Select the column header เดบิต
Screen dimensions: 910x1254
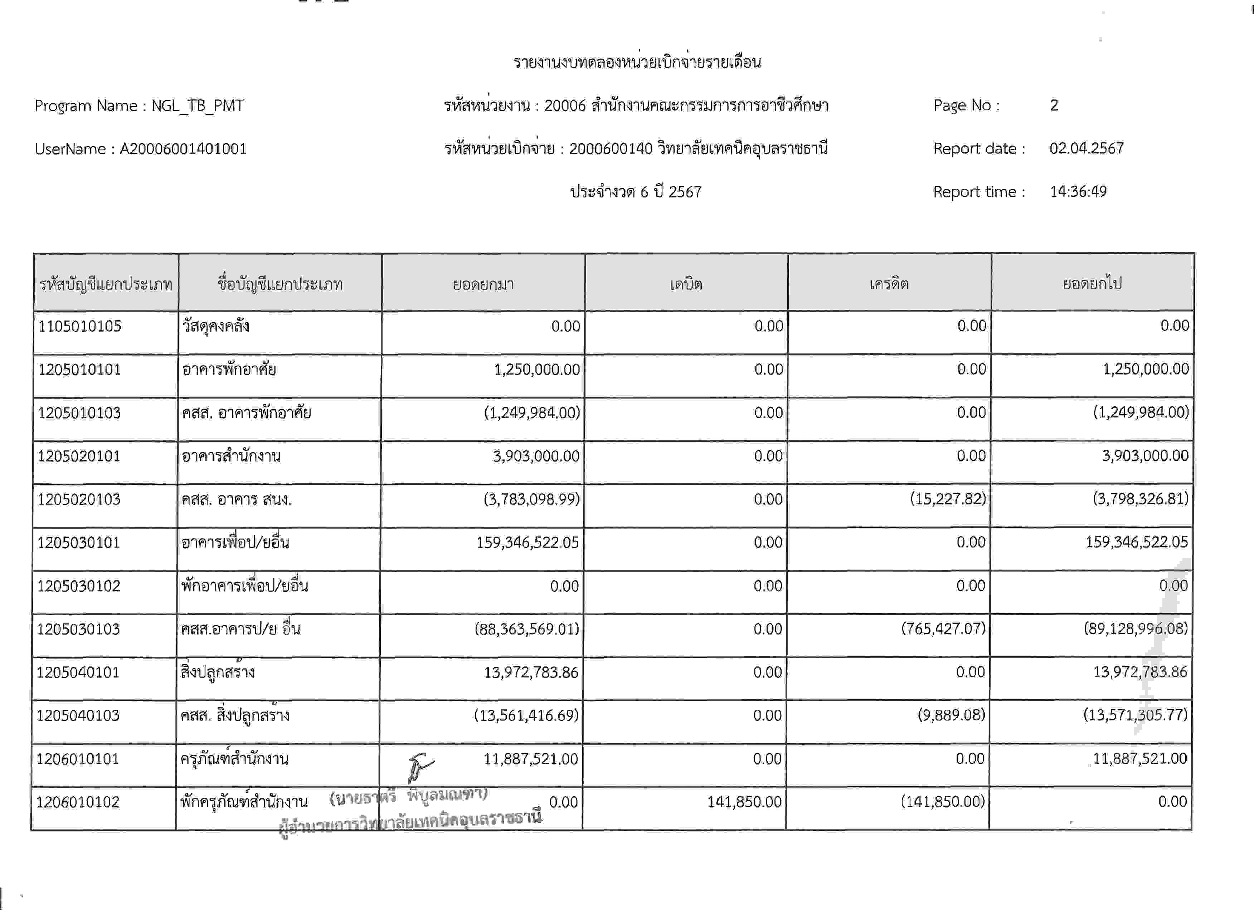click(686, 284)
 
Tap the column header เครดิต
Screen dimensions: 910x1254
click(889, 284)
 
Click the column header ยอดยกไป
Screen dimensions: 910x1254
click(1092, 284)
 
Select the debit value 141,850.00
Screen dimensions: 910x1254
click(744, 802)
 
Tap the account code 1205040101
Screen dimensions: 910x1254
click(78, 672)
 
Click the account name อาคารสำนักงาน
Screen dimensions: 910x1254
click(231, 456)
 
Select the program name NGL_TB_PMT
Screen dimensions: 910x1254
click(198, 106)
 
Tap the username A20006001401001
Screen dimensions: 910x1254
click(183, 149)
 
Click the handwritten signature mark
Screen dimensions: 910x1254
click(420, 767)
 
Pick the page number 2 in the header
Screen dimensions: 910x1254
click(1054, 105)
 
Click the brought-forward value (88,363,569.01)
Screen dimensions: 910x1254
click(526, 629)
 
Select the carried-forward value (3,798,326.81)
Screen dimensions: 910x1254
click(1140, 499)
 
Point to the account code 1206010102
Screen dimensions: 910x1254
click(78, 802)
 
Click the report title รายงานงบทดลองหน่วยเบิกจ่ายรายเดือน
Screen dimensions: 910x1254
click(637, 62)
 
